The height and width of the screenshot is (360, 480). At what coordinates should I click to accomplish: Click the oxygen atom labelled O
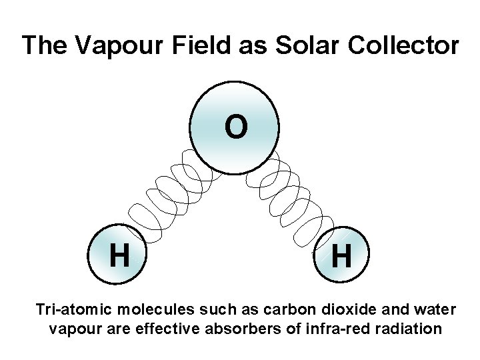pyautogui.click(x=235, y=127)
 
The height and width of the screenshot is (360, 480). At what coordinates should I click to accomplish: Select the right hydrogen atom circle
pyautogui.click(x=341, y=257)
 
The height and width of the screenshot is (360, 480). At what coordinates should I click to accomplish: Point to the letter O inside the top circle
pyautogui.click(x=235, y=127)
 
